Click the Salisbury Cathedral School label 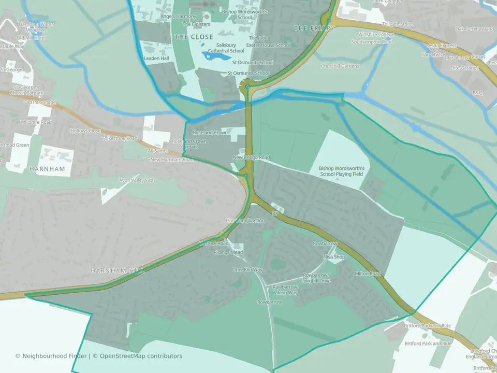pyautogui.click(x=230, y=48)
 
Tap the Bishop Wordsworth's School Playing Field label pyautogui.click(x=342, y=171)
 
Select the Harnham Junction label pyautogui.click(x=245, y=221)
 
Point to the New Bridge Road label pyautogui.click(x=251, y=157)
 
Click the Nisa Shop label pyautogui.click(x=333, y=257)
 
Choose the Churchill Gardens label pyautogui.click(x=340, y=66)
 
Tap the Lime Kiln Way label pyautogui.click(x=247, y=270)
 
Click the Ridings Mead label pyautogui.click(x=228, y=252)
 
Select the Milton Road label pyautogui.click(x=368, y=274)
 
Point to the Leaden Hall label pyautogui.click(x=156, y=59)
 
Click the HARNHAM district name pyautogui.click(x=47, y=169)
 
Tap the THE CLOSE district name pyautogui.click(x=194, y=37)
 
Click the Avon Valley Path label pyautogui.click(x=137, y=180)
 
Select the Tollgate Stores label pyautogui.click(x=398, y=24)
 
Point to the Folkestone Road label pyautogui.click(x=120, y=138)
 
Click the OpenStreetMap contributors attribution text pyautogui.click(x=141, y=356)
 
